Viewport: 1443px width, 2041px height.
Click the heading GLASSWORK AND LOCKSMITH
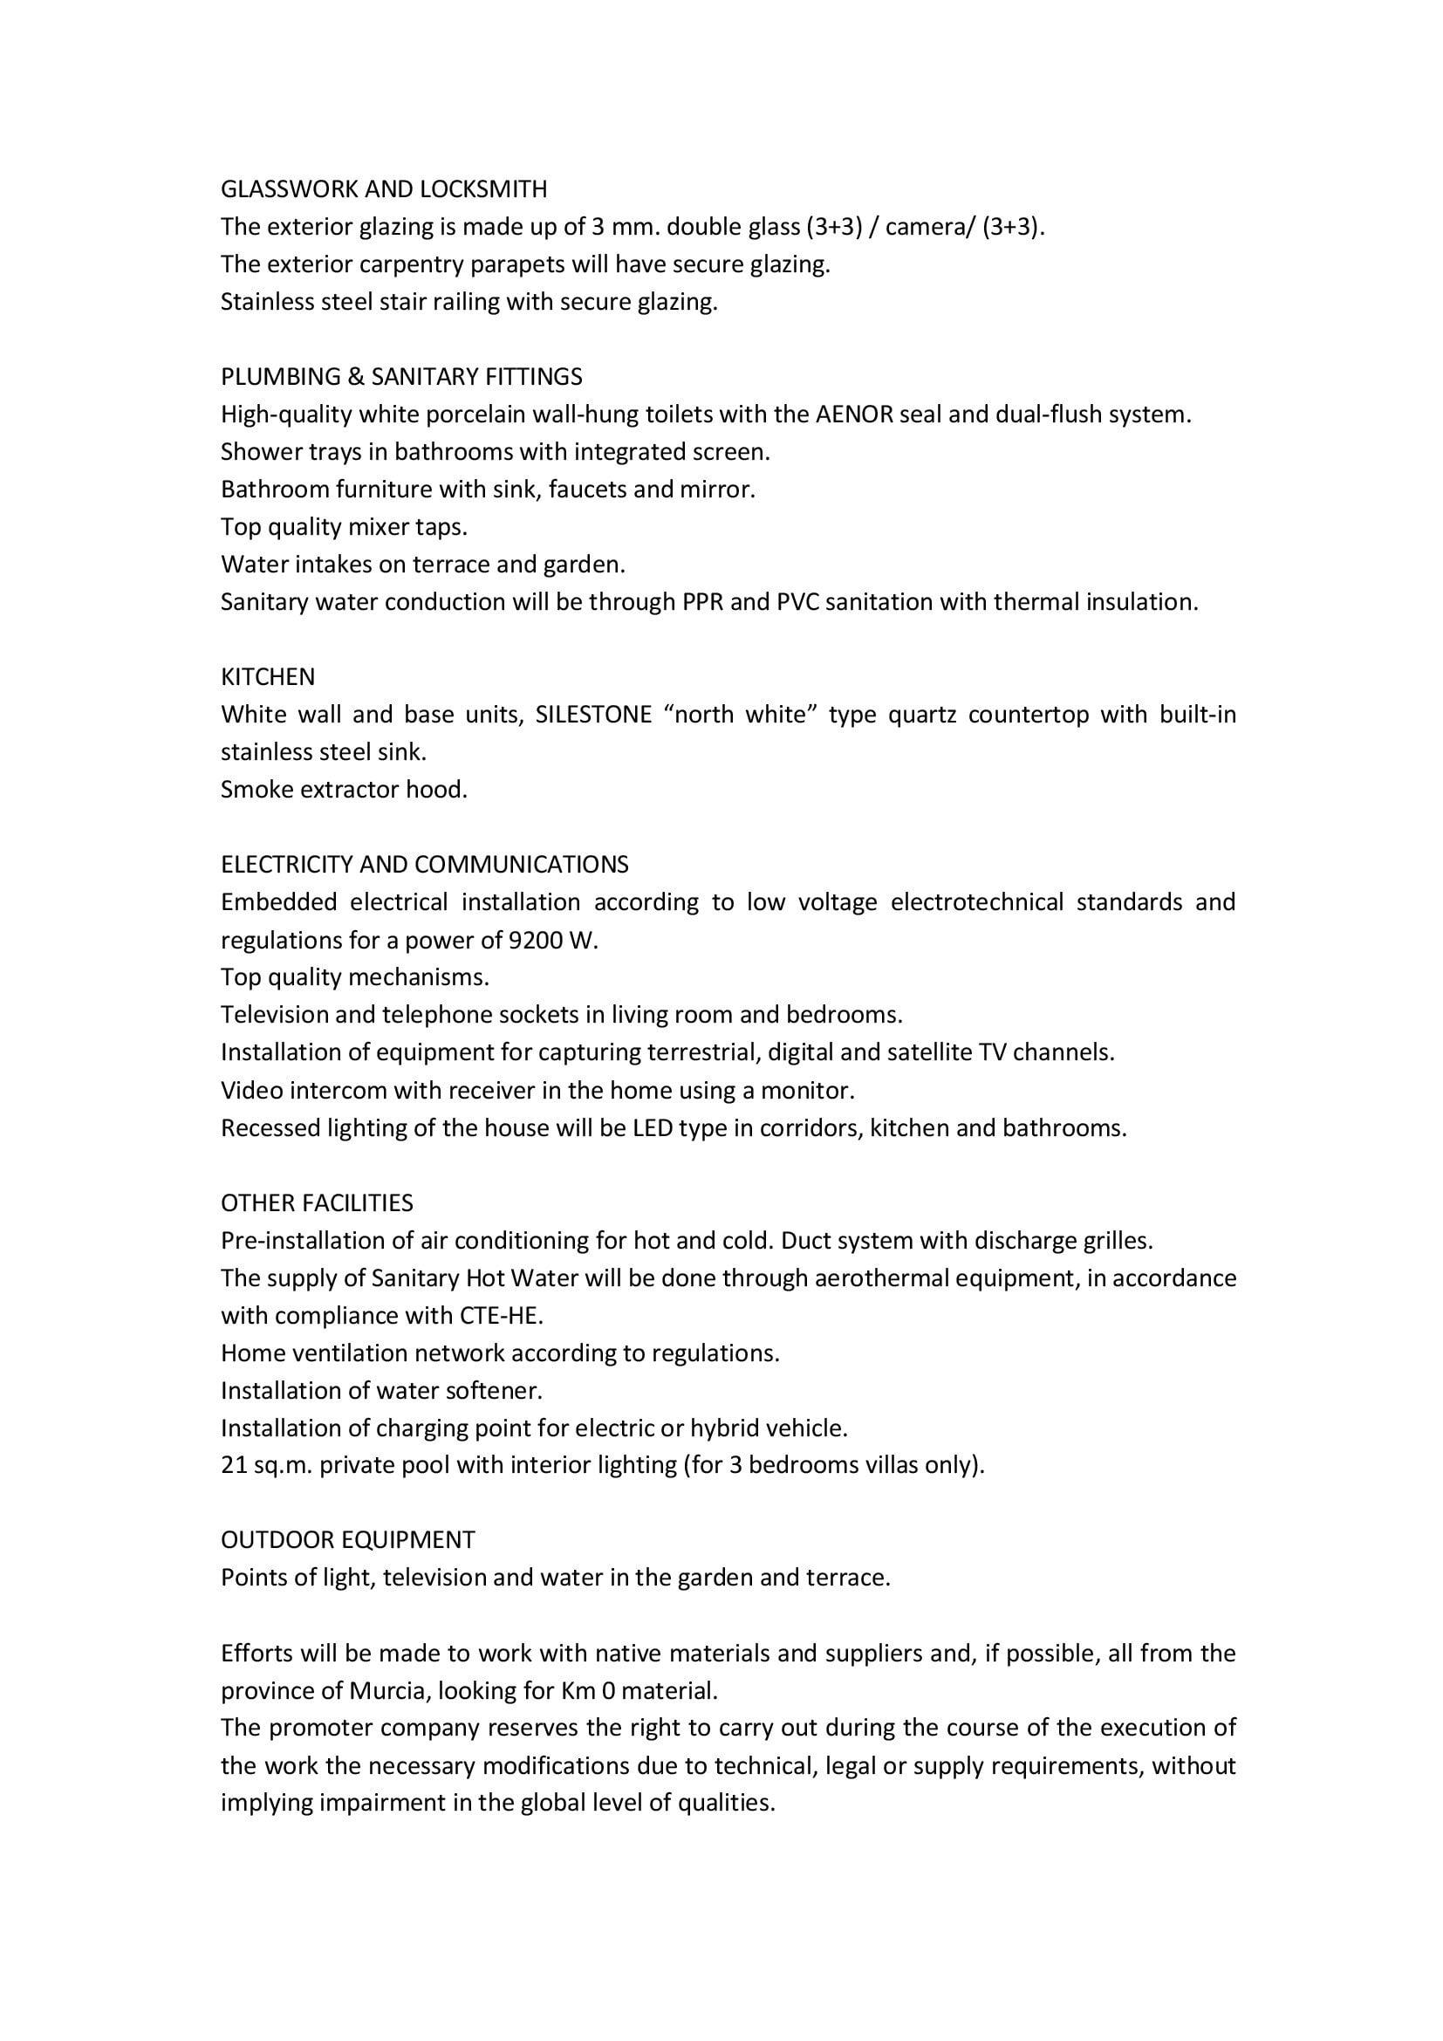384,189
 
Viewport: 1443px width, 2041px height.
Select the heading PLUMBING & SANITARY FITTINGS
401,377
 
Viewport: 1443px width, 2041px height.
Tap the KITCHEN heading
268,677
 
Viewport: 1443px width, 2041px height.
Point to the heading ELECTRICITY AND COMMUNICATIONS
425,864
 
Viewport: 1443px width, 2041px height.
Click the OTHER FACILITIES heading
318,1202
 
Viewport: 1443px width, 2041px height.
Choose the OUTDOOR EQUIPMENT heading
347,1539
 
